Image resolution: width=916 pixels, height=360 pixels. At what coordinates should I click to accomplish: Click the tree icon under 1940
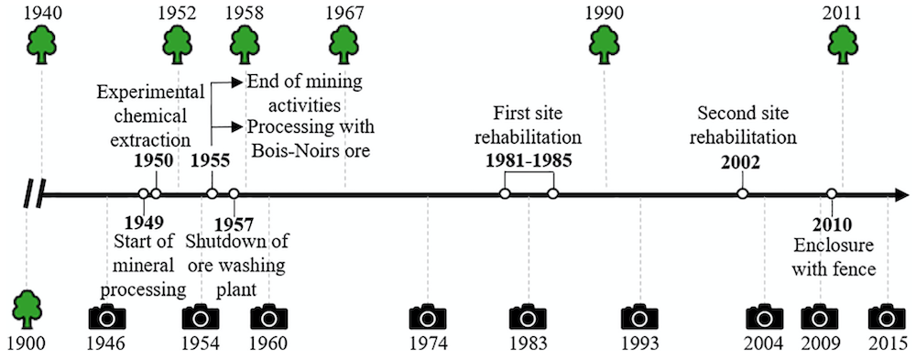pyautogui.click(x=43, y=45)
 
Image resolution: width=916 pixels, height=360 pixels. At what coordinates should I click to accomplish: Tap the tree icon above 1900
pyautogui.click(x=27, y=309)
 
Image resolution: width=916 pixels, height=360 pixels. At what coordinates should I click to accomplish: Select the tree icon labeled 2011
pyautogui.click(x=842, y=45)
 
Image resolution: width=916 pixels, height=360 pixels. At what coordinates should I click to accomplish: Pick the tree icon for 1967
pyautogui.click(x=344, y=45)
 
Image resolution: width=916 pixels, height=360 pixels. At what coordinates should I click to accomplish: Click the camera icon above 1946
pyautogui.click(x=107, y=317)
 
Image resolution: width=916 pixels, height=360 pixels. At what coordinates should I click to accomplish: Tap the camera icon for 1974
pyautogui.click(x=428, y=317)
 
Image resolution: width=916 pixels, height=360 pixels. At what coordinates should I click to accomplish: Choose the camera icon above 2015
pyautogui.click(x=887, y=317)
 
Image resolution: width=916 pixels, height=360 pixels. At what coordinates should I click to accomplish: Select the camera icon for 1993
pyautogui.click(x=640, y=317)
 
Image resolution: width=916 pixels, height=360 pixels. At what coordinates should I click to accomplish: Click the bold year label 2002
pyautogui.click(x=740, y=163)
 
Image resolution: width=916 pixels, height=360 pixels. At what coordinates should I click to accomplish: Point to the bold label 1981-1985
pyautogui.click(x=529, y=161)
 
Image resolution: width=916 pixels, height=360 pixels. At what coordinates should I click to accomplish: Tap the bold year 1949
pyautogui.click(x=145, y=223)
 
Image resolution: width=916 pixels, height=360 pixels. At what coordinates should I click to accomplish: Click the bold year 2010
pyautogui.click(x=832, y=224)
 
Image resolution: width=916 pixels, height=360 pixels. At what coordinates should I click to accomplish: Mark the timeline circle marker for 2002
pyautogui.click(x=742, y=193)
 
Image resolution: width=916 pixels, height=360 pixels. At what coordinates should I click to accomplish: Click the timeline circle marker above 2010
pyautogui.click(x=832, y=193)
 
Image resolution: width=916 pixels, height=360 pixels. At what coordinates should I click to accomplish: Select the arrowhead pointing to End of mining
pyautogui.click(x=237, y=82)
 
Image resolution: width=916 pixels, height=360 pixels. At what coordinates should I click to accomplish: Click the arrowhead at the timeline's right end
pyautogui.click(x=903, y=194)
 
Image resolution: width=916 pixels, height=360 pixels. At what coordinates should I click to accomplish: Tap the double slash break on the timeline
pyautogui.click(x=33, y=194)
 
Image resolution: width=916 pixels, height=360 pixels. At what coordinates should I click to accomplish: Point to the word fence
pyautogui.click(x=856, y=269)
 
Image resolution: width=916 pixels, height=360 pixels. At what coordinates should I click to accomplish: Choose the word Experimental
pyautogui.click(x=151, y=93)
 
